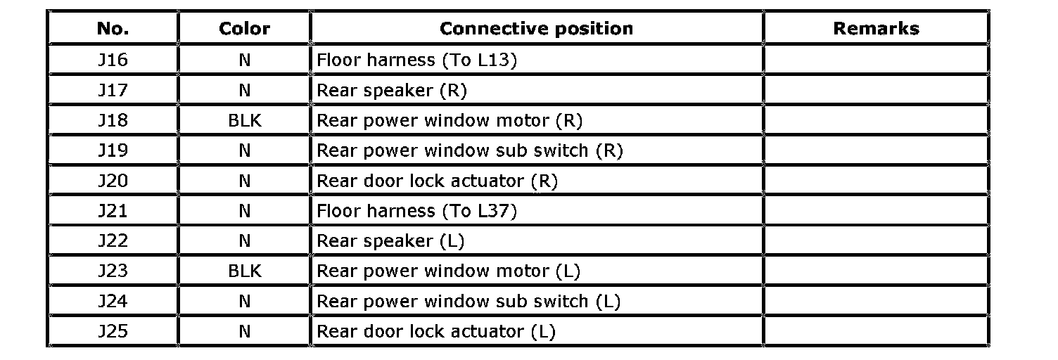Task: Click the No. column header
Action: click(x=113, y=29)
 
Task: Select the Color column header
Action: click(x=244, y=29)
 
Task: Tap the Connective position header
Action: click(x=536, y=29)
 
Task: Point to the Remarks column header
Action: click(x=877, y=29)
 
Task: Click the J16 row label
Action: click(x=113, y=60)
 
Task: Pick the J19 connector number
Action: click(x=113, y=150)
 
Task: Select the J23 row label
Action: click(x=113, y=271)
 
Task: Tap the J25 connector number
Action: click(x=113, y=331)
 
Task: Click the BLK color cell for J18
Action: click(x=245, y=120)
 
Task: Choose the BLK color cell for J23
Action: click(x=245, y=271)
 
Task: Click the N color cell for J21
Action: click(x=244, y=211)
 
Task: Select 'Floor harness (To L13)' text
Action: click(x=416, y=60)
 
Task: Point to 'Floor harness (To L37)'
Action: click(x=416, y=211)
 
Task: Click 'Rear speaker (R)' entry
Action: click(x=392, y=90)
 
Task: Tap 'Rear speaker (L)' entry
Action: click(x=390, y=240)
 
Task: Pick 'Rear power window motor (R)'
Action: click(x=450, y=120)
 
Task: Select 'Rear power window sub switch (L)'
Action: click(x=469, y=301)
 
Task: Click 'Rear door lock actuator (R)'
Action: click(x=437, y=181)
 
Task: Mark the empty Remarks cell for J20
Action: click(x=877, y=181)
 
